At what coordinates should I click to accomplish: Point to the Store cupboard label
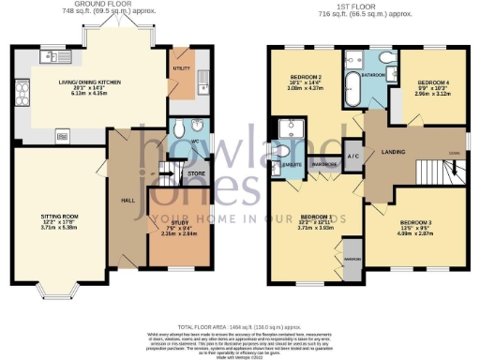(x=195, y=172)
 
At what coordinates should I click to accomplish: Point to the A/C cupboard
(x=353, y=156)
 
